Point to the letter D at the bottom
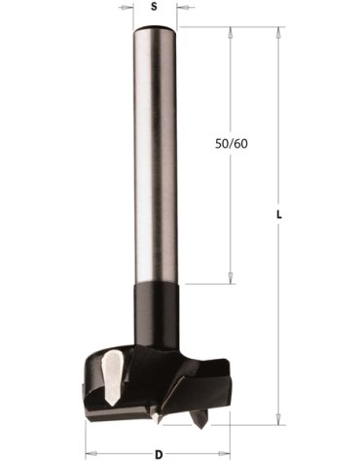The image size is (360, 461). (158, 453)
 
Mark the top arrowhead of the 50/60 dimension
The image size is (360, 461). (232, 31)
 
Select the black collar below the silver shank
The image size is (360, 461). (154, 311)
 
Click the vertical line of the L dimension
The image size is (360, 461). (279, 321)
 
